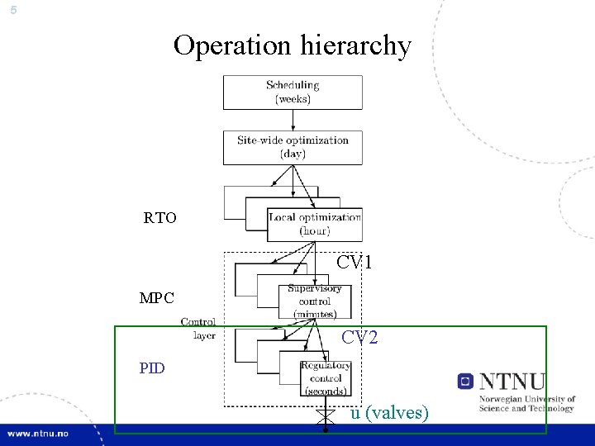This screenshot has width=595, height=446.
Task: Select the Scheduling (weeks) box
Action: [293, 92]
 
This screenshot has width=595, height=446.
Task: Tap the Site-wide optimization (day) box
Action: [293, 147]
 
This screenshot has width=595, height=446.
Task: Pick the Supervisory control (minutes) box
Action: [314, 301]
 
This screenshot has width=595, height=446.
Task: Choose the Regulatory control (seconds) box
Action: [325, 377]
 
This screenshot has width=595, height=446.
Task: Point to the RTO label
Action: [159, 219]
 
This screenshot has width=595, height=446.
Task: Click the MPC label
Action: [156, 297]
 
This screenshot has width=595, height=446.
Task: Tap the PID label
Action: [152, 368]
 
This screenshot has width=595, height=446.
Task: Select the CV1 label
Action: [355, 263]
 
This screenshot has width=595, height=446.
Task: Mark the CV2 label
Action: [360, 337]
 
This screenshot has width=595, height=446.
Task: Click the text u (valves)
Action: [389, 413]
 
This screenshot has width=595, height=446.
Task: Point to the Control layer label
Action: [198, 329]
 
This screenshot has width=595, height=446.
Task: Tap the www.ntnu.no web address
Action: [39, 434]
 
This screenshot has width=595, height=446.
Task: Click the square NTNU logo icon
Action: [465, 382]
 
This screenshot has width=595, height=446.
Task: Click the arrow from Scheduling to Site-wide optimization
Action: [293, 120]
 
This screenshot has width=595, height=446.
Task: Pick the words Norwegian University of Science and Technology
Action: [526, 404]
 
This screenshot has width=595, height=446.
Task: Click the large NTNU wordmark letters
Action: [512, 382]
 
